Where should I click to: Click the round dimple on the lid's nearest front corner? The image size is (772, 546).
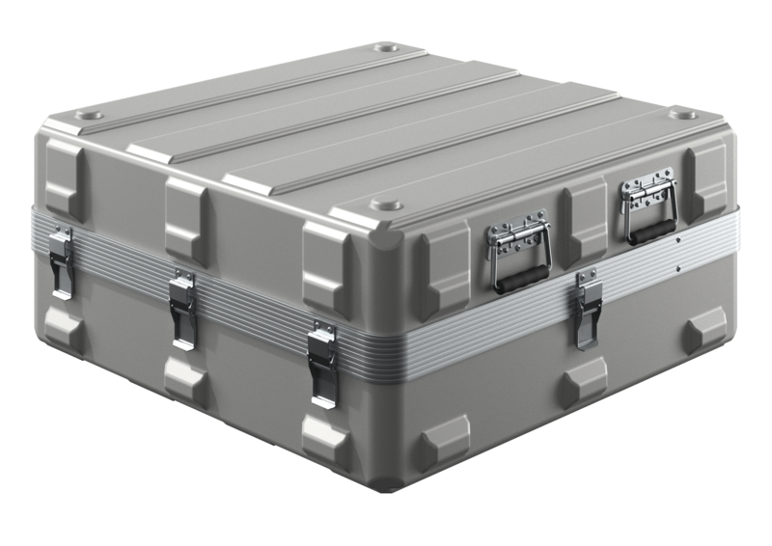tap(387, 205)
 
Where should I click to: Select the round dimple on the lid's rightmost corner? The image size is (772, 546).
tap(685, 114)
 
